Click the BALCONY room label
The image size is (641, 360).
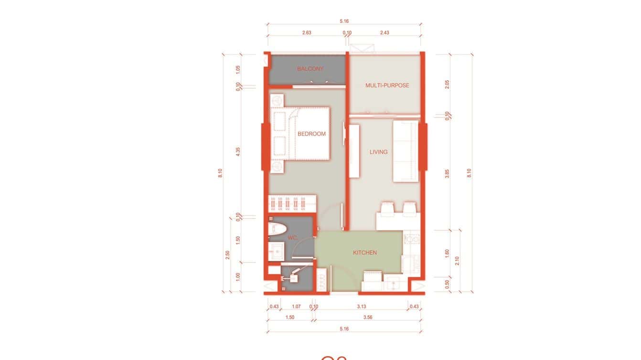310,69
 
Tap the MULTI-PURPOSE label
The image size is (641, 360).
387,85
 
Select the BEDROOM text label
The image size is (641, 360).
311,134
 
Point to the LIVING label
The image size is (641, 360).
378,152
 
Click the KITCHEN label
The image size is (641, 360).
365,253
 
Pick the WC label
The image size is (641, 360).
293,238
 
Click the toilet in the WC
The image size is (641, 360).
277,227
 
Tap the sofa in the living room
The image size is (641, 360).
406,151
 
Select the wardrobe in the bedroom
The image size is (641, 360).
292,203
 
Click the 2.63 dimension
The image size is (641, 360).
307,32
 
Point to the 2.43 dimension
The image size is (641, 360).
385,32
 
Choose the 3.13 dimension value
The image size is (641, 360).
361,307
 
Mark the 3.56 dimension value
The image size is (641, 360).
368,317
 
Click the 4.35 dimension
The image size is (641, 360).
238,151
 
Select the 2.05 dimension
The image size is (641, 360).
447,85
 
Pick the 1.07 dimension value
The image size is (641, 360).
296,307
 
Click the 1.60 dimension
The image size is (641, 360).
447,253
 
